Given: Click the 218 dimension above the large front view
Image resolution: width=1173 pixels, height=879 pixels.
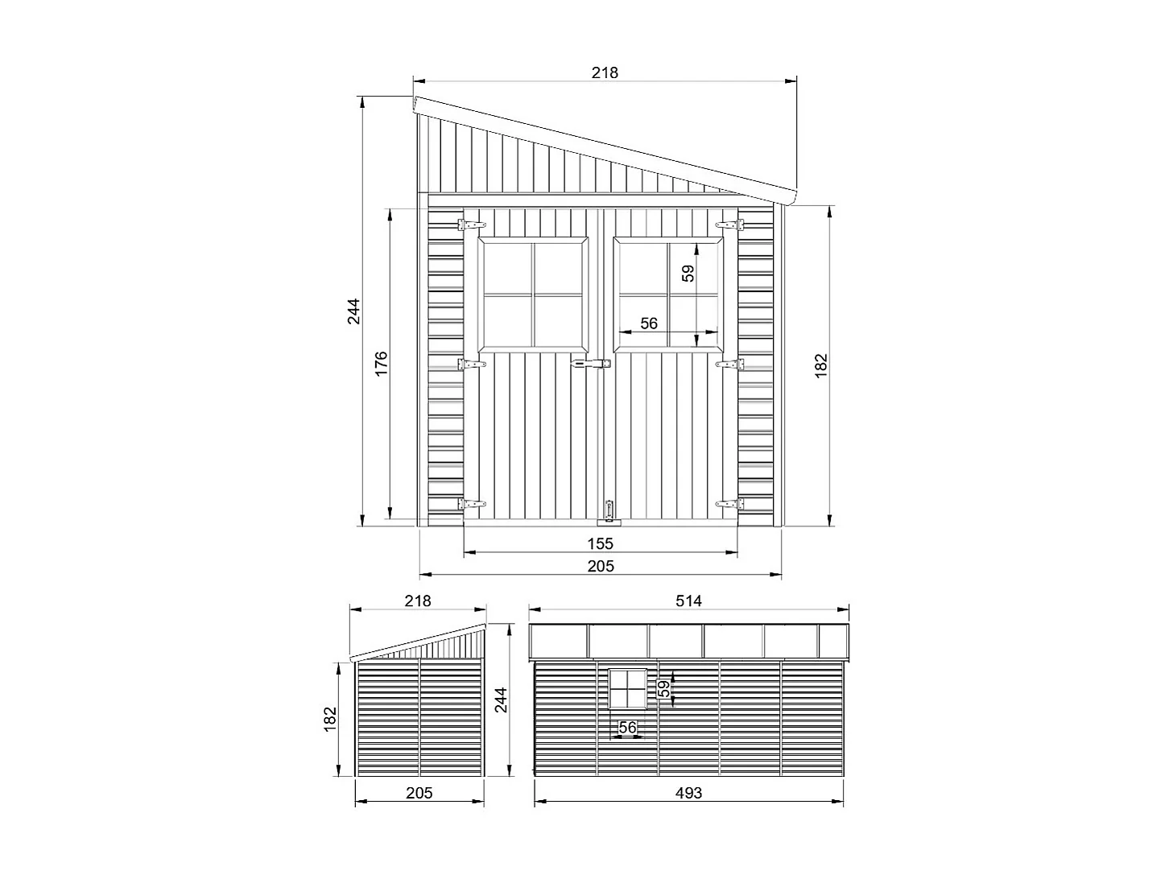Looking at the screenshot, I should click(x=605, y=72).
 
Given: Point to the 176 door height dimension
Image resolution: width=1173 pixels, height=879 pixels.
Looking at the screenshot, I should click(x=382, y=363).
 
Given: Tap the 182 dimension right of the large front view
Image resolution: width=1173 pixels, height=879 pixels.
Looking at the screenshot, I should click(x=821, y=365).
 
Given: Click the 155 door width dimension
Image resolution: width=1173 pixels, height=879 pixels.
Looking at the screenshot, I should click(x=600, y=543).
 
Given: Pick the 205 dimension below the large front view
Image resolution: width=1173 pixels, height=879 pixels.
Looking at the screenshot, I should click(x=600, y=566).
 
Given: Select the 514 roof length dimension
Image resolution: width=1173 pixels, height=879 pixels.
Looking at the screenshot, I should click(x=688, y=600).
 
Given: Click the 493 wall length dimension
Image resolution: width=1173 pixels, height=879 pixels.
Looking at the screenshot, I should click(x=688, y=793).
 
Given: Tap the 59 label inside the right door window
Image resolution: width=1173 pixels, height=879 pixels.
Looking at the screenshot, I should click(x=688, y=274).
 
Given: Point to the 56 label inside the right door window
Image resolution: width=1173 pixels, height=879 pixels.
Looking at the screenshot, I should click(x=649, y=324).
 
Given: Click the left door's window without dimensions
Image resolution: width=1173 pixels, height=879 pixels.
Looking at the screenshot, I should click(x=533, y=295).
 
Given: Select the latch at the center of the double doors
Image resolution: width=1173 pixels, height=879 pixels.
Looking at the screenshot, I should click(x=589, y=365).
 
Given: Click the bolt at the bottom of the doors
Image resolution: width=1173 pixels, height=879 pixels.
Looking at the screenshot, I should click(x=609, y=510).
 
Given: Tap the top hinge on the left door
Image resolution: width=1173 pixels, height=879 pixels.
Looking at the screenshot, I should click(x=472, y=224).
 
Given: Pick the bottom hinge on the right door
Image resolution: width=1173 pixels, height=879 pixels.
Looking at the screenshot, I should click(x=730, y=504).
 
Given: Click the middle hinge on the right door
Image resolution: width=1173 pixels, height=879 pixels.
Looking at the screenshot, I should click(x=730, y=365).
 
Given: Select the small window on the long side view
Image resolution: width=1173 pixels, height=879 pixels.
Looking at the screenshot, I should click(x=628, y=690).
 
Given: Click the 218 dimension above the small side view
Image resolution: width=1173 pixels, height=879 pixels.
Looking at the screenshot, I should click(x=418, y=600).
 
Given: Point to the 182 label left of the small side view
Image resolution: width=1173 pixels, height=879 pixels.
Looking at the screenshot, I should click(x=328, y=719).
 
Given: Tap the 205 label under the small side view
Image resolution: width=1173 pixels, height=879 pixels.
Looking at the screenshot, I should click(x=419, y=793).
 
